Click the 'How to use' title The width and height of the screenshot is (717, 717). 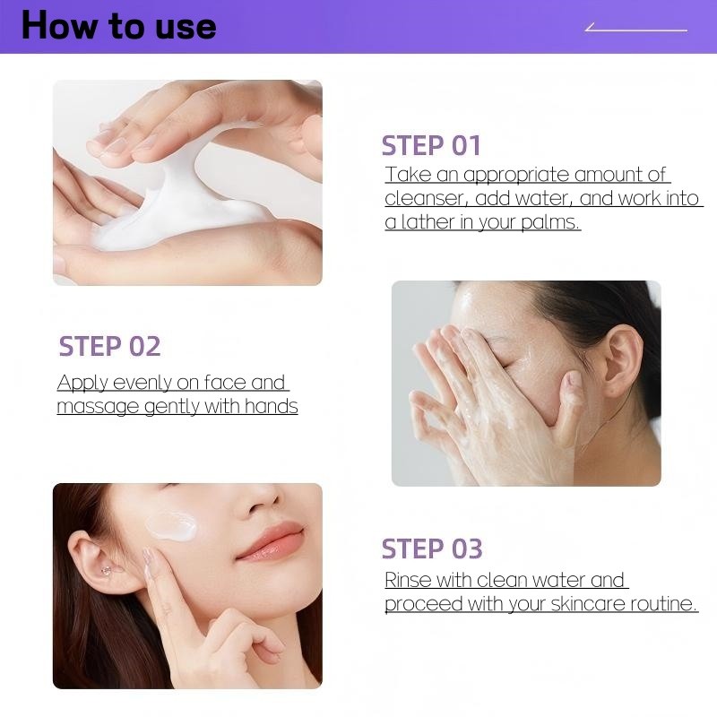point(119,25)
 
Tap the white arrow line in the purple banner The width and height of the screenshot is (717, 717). point(636,30)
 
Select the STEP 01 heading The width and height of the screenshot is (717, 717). point(431,146)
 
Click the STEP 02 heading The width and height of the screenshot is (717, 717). point(109,346)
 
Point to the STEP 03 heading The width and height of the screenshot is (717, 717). point(432,549)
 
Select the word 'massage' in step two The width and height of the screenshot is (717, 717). point(98,407)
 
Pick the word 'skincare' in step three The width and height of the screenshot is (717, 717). point(588,603)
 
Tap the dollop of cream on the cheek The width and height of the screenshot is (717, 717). point(171,526)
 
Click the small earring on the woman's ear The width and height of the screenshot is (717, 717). point(106,570)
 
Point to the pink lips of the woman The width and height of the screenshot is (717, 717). point(271,543)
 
